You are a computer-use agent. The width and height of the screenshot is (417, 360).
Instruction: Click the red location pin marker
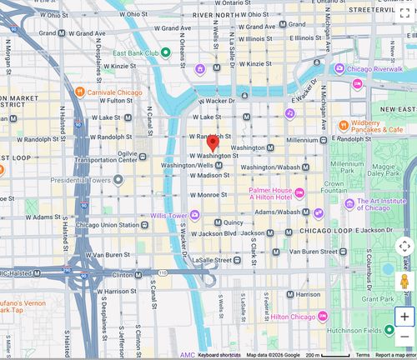[213, 143]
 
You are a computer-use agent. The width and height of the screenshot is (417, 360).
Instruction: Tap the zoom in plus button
[404, 317]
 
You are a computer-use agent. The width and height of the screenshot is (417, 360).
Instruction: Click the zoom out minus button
[404, 337]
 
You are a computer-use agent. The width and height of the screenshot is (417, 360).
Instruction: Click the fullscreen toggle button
[404, 12]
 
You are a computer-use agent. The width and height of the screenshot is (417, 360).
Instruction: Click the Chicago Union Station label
[107, 225]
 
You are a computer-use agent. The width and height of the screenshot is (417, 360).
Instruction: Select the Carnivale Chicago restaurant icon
[79, 92]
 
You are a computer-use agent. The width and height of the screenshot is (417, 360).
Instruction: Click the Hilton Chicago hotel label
[292, 317]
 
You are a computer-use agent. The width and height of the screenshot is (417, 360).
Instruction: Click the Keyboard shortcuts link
[219, 355]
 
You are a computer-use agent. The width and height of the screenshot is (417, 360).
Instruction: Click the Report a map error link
[394, 355]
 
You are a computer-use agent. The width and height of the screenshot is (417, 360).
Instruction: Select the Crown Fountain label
[334, 187]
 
